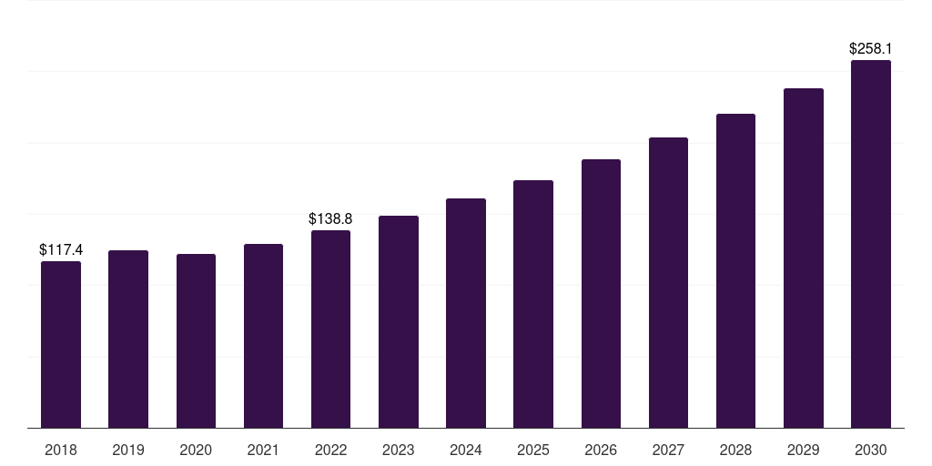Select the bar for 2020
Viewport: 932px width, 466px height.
pyautogui.click(x=196, y=340)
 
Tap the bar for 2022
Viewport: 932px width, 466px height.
pyautogui.click(x=330, y=329)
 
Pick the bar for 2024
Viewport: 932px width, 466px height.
pyautogui.click(x=466, y=313)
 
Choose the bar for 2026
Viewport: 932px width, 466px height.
pyautogui.click(x=601, y=293)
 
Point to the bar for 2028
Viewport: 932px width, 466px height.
pyautogui.click(x=735, y=270)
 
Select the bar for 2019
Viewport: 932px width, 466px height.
pyautogui.click(x=128, y=339)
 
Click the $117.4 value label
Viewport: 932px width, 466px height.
pyautogui.click(x=61, y=249)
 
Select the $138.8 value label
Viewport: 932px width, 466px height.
pyautogui.click(x=330, y=218)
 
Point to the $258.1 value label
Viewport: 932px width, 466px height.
pyautogui.click(x=871, y=49)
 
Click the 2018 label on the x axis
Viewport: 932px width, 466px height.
pyautogui.click(x=61, y=450)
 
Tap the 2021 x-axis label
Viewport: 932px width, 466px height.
pyautogui.click(x=263, y=450)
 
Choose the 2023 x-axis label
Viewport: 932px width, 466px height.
pyautogui.click(x=398, y=450)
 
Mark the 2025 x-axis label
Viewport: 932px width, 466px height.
pyautogui.click(x=533, y=450)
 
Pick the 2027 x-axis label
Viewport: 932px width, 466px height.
pyautogui.click(x=668, y=450)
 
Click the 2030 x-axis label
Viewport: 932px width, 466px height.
pyautogui.click(x=871, y=450)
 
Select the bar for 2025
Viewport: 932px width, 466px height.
pyautogui.click(x=533, y=304)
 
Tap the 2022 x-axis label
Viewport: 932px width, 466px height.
pyautogui.click(x=330, y=450)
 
